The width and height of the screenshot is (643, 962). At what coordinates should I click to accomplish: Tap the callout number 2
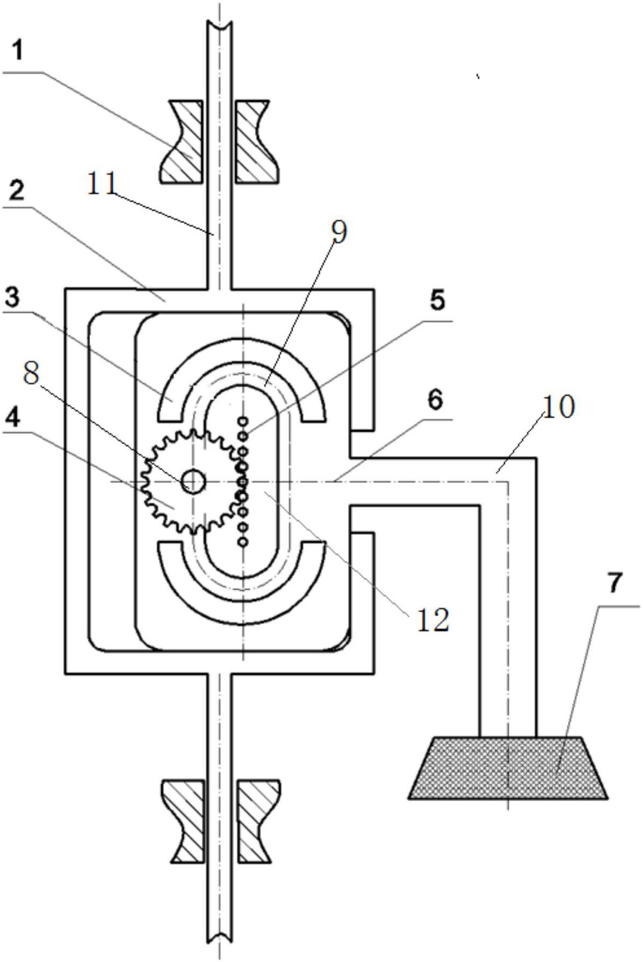click(17, 191)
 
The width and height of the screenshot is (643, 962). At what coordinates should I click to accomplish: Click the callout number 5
click(437, 300)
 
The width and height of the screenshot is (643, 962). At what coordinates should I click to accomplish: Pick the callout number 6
click(435, 400)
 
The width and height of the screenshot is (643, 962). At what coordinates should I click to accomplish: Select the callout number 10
click(558, 407)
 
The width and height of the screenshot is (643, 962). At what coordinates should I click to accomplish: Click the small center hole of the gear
click(193, 481)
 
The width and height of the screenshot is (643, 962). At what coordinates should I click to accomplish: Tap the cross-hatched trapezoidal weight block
click(508, 767)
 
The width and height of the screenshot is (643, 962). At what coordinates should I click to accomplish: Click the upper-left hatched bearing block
click(181, 141)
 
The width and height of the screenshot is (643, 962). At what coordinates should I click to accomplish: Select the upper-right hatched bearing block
click(258, 141)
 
